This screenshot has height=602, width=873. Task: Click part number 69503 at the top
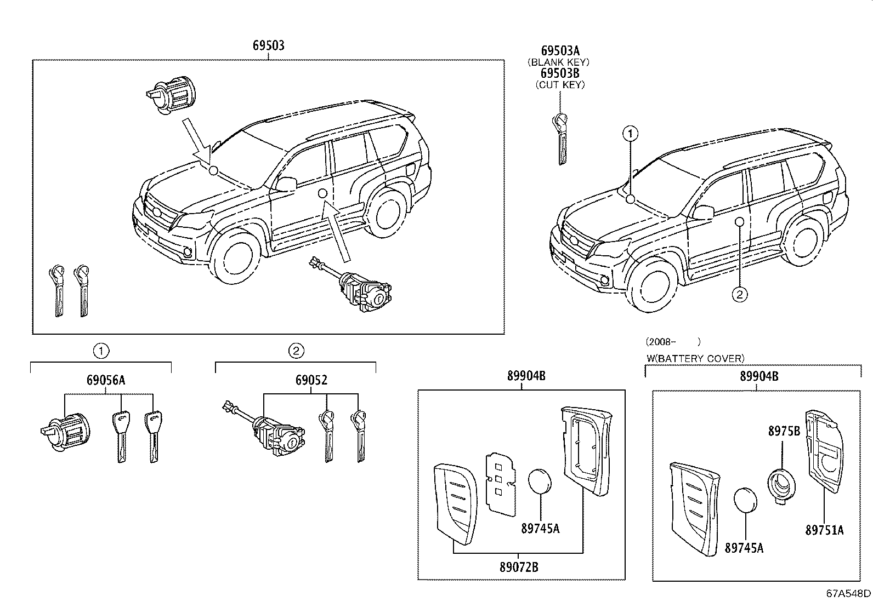pos(268,45)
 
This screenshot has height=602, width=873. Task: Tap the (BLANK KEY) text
pos(558,62)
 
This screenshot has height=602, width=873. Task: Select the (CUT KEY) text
pos(559,84)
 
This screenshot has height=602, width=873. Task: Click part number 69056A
pos(105,380)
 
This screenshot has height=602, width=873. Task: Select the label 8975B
pos(784,431)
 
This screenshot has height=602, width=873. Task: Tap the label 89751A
pos(824,530)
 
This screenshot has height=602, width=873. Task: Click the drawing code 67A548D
pos(848,593)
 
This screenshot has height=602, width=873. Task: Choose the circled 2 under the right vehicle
pos(739,294)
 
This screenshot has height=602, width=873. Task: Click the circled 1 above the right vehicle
pos(631,133)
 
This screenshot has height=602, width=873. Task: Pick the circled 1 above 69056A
pos(100,351)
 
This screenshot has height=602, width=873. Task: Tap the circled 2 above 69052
pos(296,351)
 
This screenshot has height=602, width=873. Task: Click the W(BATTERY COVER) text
pos(695,358)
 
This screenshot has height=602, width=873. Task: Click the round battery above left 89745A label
pos(540,482)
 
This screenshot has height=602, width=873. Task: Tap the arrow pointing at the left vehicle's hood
pos(196,140)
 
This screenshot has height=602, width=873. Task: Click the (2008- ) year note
pos(673,342)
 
